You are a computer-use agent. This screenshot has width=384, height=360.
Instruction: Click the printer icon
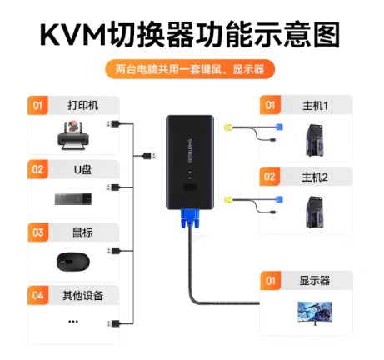click(x=73, y=135)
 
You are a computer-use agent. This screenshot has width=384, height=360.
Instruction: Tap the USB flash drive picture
click(x=73, y=198)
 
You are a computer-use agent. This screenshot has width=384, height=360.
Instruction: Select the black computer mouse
click(x=73, y=262)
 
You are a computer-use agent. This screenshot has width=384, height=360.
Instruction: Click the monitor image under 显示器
click(x=315, y=313)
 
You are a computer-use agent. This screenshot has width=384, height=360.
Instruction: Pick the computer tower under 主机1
click(x=315, y=140)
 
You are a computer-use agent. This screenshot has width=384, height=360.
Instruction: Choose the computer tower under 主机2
click(x=315, y=212)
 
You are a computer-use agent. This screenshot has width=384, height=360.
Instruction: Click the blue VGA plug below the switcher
click(x=190, y=218)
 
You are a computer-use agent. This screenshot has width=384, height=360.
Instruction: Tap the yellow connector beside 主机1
click(x=228, y=127)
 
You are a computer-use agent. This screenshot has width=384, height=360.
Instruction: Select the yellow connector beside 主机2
click(x=228, y=199)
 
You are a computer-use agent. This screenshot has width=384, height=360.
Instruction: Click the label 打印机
click(x=83, y=106)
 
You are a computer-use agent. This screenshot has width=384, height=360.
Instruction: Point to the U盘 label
click(x=82, y=169)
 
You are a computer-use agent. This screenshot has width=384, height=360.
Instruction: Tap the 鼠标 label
click(x=82, y=232)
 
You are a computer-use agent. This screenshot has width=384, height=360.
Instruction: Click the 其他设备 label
click(x=82, y=296)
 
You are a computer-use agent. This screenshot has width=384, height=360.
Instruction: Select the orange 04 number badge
click(x=37, y=295)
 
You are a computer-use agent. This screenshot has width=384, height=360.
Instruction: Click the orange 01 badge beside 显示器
click(x=270, y=281)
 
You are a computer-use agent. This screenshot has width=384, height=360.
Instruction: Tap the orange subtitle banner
click(x=190, y=69)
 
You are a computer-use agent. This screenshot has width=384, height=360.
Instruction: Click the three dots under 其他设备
click(x=73, y=322)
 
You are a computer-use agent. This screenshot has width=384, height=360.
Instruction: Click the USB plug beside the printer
click(x=113, y=123)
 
